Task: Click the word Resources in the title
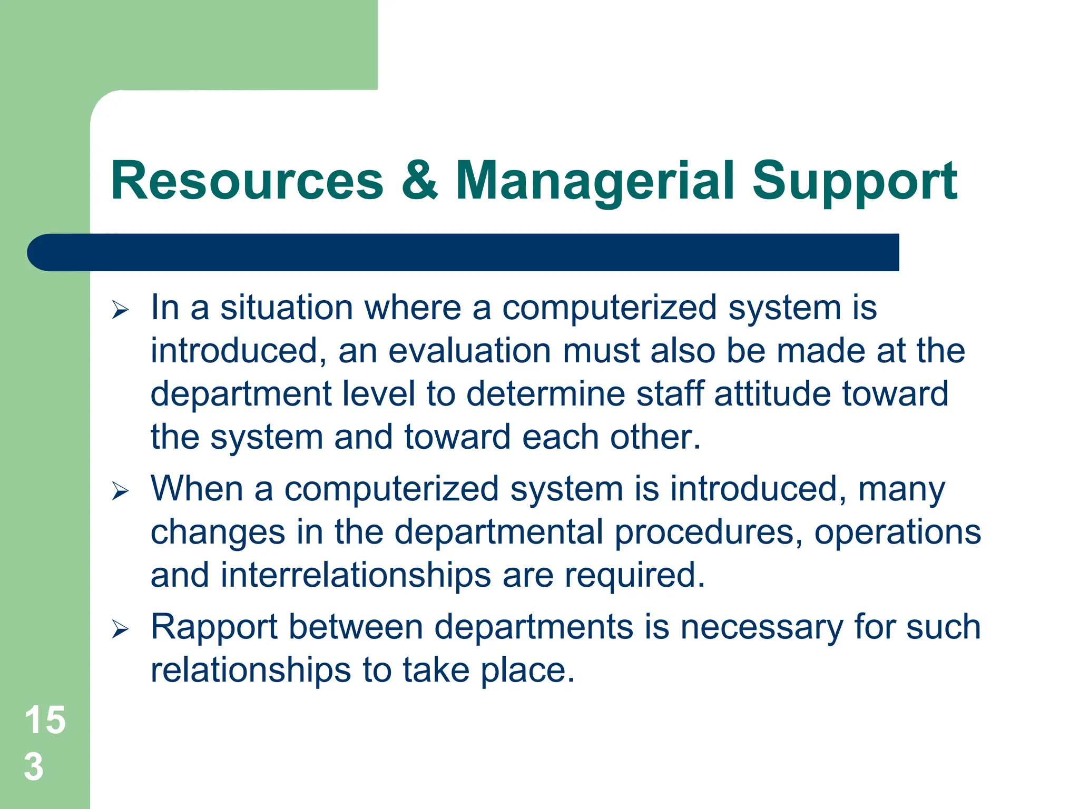tap(247, 181)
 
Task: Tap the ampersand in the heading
tap(419, 181)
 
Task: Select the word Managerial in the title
tap(594, 181)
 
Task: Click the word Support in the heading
tap(854, 181)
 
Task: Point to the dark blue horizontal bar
tap(464, 252)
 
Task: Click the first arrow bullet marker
tap(120, 310)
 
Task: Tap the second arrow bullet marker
tap(120, 491)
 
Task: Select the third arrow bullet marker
tap(120, 629)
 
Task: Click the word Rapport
tap(214, 627)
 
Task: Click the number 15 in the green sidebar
tap(45, 720)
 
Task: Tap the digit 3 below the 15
tap(34, 767)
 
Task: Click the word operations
tap(897, 532)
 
